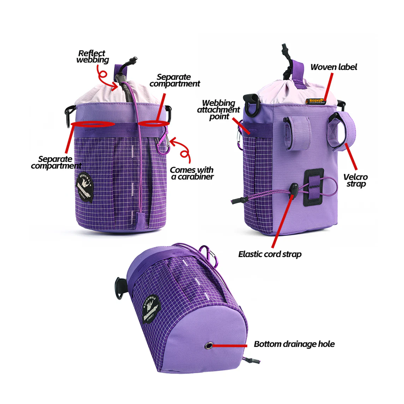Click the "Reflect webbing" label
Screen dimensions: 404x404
point(92,57)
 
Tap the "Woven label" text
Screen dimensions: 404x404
point(334,67)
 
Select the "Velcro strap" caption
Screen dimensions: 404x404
point(355,180)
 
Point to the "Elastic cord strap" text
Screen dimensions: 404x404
point(270,254)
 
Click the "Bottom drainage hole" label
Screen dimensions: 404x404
point(294,344)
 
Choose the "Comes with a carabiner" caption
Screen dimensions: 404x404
point(192,173)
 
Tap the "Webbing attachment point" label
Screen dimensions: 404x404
point(218,110)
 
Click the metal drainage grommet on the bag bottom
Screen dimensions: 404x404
point(209,346)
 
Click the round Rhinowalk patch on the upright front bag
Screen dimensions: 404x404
point(85,187)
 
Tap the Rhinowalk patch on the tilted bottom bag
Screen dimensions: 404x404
point(151,309)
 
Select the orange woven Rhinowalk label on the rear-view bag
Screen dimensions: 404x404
point(315,101)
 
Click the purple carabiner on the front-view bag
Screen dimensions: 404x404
point(163,141)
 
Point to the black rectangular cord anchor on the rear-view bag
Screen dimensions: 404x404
point(313,187)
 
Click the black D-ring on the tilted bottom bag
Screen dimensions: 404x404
point(119,288)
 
